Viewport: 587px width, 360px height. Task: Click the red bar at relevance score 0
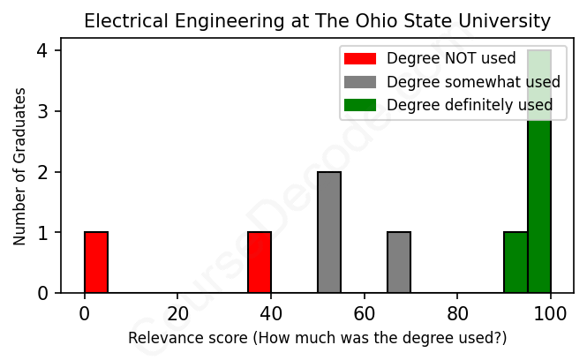click(96, 262)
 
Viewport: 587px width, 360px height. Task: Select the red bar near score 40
click(260, 262)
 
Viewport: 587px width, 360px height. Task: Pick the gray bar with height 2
click(329, 232)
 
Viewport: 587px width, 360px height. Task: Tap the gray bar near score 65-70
click(399, 262)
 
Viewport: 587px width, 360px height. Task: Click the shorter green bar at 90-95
click(516, 262)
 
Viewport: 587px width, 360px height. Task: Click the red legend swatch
click(360, 59)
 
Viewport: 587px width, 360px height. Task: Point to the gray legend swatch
click(360, 82)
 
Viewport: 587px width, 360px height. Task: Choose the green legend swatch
click(360, 105)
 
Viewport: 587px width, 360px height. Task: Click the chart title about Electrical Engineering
click(317, 21)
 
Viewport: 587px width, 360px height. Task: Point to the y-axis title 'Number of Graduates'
click(19, 166)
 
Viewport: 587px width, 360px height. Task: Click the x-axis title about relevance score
click(318, 338)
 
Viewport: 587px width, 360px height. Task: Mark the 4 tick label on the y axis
click(41, 51)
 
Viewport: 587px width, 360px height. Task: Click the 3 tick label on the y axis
click(41, 111)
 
